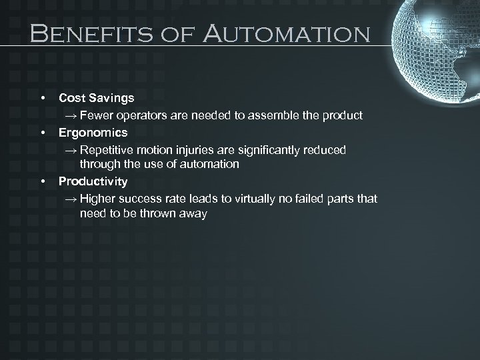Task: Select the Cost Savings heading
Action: point(96,98)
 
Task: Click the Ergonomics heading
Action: point(93,133)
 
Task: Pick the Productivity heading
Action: point(93,181)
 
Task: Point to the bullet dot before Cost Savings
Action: point(43,99)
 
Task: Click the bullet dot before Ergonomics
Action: point(43,133)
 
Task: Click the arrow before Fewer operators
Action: point(71,116)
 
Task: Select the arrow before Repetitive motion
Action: point(71,151)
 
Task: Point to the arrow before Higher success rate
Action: point(71,199)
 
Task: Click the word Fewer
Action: point(95,115)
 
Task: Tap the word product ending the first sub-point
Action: point(343,115)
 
